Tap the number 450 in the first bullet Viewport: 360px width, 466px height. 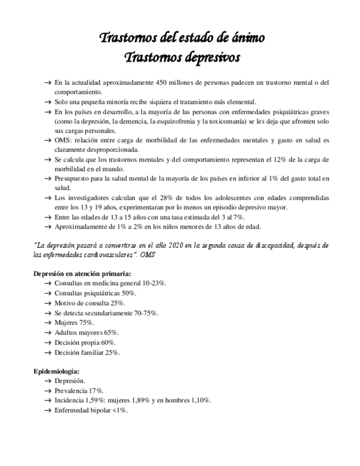tap(149, 83)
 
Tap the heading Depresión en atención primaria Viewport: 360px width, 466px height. tap(82, 273)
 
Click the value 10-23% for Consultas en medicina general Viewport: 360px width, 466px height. tap(154, 283)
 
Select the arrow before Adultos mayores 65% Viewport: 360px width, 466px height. tap(48, 332)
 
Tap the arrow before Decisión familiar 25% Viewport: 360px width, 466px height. tap(48, 352)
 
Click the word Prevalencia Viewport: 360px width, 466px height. tap(71, 391)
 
